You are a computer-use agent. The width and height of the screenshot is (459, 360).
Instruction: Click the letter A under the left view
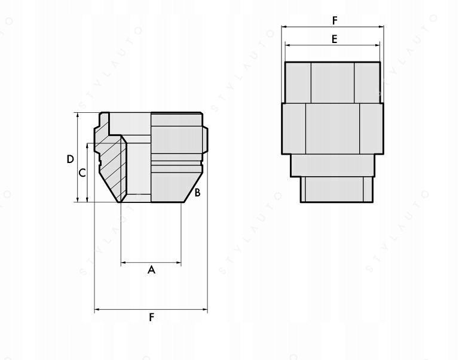click(151, 270)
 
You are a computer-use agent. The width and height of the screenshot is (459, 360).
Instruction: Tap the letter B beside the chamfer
click(197, 192)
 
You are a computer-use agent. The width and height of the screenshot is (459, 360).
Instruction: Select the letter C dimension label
click(82, 173)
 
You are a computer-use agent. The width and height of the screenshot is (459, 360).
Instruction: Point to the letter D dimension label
click(70, 159)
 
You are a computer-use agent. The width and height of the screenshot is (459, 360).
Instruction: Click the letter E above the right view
click(334, 39)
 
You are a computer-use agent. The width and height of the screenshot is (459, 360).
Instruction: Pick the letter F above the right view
click(335, 20)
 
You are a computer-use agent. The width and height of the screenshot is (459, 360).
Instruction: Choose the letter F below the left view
click(151, 317)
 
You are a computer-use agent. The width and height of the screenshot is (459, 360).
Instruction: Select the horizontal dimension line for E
click(311, 45)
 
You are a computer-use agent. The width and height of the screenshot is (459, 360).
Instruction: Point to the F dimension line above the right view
click(311, 27)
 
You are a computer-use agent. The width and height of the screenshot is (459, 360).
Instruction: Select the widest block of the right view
click(332, 129)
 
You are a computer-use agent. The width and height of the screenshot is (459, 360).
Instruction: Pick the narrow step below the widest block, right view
click(332, 165)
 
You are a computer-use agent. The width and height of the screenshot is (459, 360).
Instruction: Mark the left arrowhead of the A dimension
click(123, 262)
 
